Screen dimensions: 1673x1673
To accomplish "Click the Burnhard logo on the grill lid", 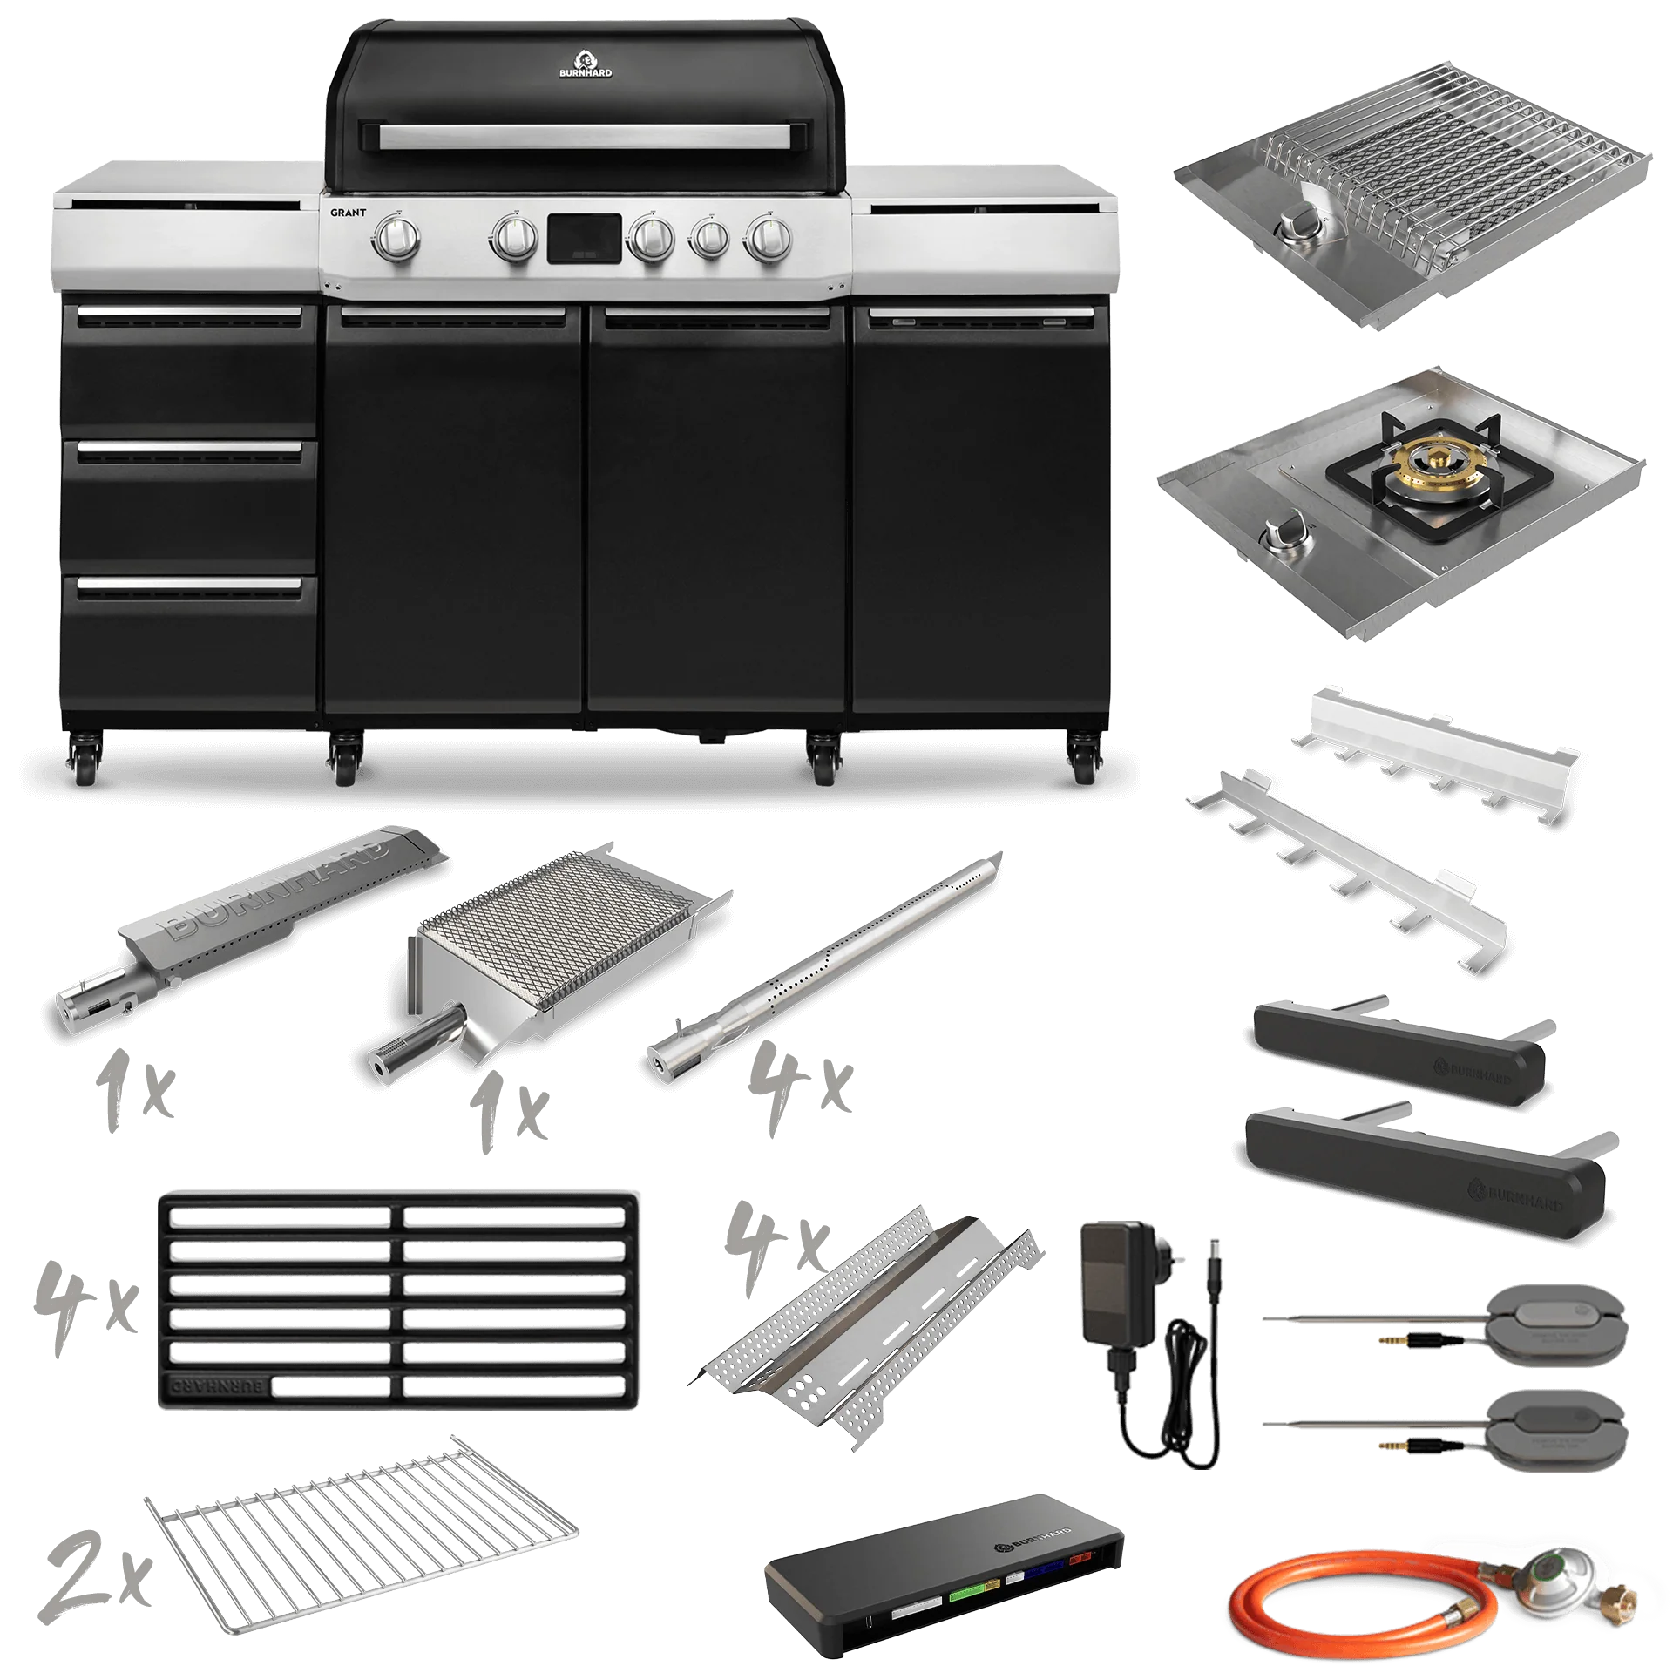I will point(585,64).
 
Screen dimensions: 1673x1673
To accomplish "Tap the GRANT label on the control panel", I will point(348,213).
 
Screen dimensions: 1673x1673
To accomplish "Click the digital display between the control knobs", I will point(584,239).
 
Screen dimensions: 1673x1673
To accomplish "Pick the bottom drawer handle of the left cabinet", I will point(188,586).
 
